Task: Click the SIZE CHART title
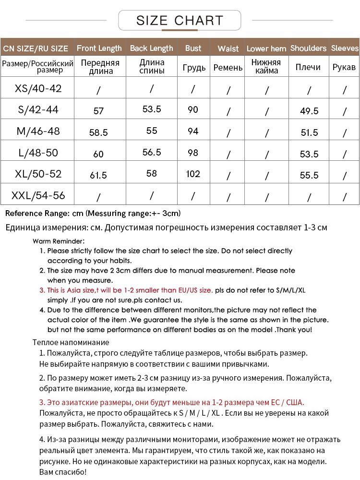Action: (x=180, y=21)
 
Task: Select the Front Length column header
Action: (x=99, y=48)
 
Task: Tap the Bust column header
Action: (x=193, y=48)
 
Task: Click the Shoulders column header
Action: (x=308, y=48)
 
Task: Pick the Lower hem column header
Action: (x=266, y=48)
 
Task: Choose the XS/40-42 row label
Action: (x=38, y=88)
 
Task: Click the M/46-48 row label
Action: (x=38, y=131)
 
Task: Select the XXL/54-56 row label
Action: (x=38, y=195)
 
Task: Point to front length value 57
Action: (x=98, y=111)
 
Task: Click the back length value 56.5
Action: (x=152, y=152)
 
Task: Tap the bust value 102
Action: (x=193, y=173)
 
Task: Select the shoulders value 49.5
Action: (x=309, y=111)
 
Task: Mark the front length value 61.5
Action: (x=98, y=175)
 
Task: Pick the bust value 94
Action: (x=193, y=131)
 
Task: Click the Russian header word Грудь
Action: (x=194, y=68)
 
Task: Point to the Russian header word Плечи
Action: (x=308, y=67)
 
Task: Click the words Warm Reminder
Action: (x=59, y=241)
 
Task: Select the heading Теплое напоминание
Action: (x=71, y=342)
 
